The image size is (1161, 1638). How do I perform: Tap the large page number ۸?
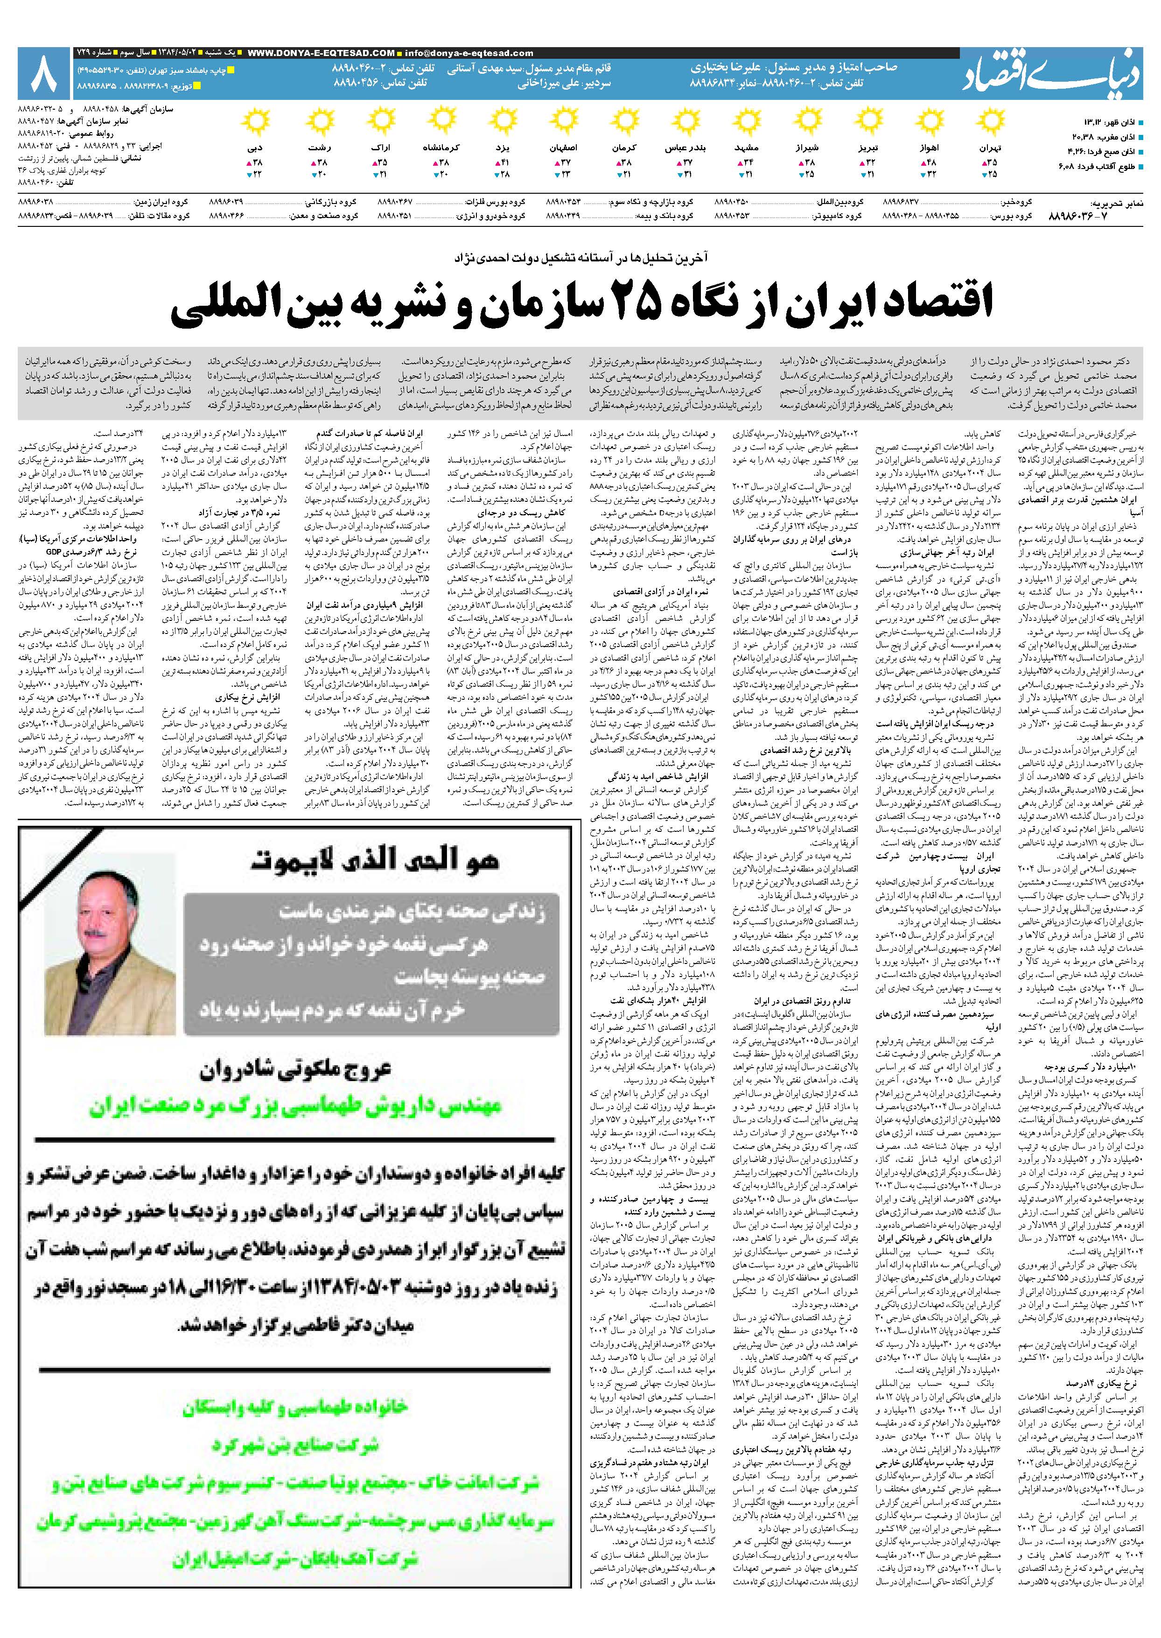(x=43, y=74)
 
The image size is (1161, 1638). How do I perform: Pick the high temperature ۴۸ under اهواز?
(x=931, y=162)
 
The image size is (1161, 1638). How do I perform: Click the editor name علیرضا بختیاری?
(x=736, y=69)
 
